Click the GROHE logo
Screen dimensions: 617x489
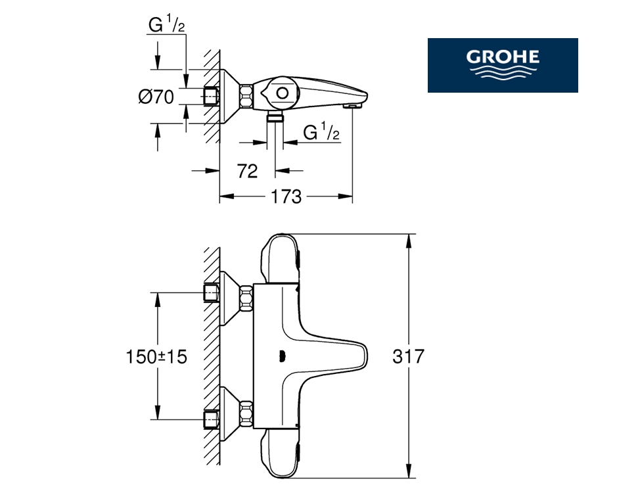pyautogui.click(x=503, y=65)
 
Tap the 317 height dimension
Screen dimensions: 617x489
pyautogui.click(x=409, y=356)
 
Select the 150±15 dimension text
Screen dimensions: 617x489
pyautogui.click(x=156, y=357)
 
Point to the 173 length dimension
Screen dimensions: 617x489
pyautogui.click(x=286, y=196)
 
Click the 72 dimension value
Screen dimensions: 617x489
pyautogui.click(x=247, y=171)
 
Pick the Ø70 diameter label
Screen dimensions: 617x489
pyautogui.click(x=156, y=97)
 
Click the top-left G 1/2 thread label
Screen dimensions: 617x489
pyautogui.click(x=166, y=25)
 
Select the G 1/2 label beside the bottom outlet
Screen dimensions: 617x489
pyautogui.click(x=321, y=132)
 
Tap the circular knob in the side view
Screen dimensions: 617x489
pyautogui.click(x=282, y=93)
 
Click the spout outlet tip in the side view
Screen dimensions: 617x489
pyautogui.click(x=353, y=106)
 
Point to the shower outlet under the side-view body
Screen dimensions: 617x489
pyautogui.click(x=275, y=116)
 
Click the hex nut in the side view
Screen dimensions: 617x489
pyautogui.click(x=246, y=96)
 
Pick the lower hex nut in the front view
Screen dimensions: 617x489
pyautogui.click(x=246, y=414)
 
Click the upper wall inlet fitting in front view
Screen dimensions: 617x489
pyautogui.click(x=211, y=292)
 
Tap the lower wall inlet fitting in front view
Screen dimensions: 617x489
pyautogui.click(x=211, y=419)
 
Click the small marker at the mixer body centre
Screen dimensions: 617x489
pyautogui.click(x=281, y=356)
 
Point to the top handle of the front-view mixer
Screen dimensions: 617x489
pyautogui.click(x=280, y=258)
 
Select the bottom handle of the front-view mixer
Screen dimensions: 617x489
pyautogui.click(x=280, y=453)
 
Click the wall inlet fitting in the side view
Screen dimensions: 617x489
pyautogui.click(x=211, y=97)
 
